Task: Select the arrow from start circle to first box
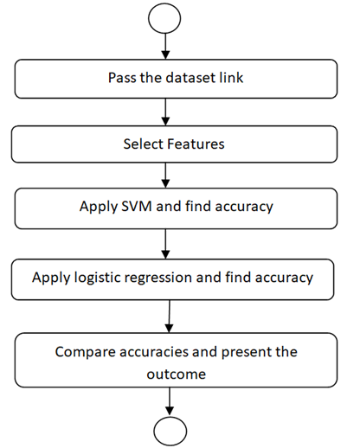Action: [x=165, y=46]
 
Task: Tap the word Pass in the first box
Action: [x=122, y=78]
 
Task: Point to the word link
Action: [x=231, y=78]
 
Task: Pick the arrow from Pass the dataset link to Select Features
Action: [x=165, y=112]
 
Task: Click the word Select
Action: [x=143, y=144]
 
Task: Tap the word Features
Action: [x=196, y=144]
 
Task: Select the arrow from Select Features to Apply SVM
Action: [x=165, y=176]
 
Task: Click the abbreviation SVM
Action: [x=137, y=207]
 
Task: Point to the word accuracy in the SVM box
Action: [x=244, y=208]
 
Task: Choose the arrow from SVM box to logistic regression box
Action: [x=165, y=244]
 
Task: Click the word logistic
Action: [x=97, y=278]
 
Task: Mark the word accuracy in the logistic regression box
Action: [x=284, y=278]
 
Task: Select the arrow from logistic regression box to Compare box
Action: [x=170, y=317]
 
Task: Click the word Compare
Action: [x=85, y=352]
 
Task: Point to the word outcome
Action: [x=177, y=374]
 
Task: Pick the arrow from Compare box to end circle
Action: [x=170, y=401]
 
